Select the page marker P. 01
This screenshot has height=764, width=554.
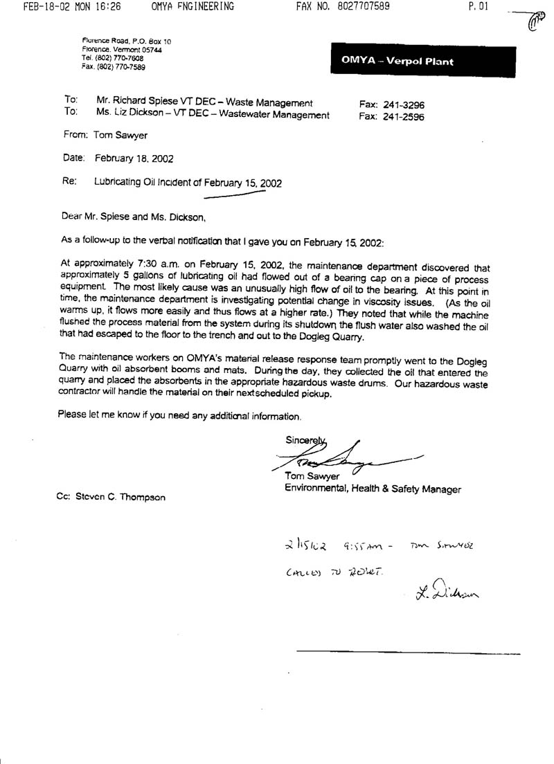click(x=479, y=7)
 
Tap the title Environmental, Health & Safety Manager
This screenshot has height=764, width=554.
click(x=373, y=489)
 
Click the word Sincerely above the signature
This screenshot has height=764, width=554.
click(x=303, y=440)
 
